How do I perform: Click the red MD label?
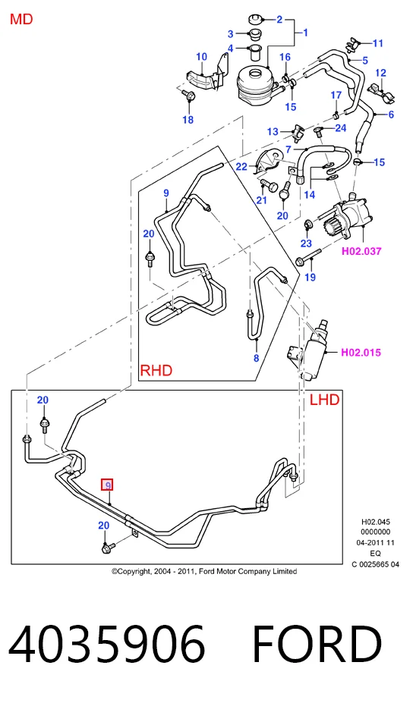click(21, 19)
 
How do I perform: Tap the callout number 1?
click(305, 33)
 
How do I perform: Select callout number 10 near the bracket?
click(201, 57)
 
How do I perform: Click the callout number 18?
click(188, 119)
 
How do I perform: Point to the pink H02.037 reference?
click(361, 251)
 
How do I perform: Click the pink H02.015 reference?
click(361, 353)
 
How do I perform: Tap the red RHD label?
click(156, 370)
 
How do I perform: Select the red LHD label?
click(325, 400)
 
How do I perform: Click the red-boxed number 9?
click(107, 485)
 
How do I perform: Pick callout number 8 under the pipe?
click(257, 358)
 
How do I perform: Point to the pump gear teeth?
click(330, 223)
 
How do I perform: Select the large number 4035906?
click(107, 644)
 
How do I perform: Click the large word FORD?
click(317, 644)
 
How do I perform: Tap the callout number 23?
click(306, 243)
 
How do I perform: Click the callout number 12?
click(380, 73)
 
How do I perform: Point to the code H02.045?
click(376, 522)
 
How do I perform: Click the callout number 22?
click(241, 166)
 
